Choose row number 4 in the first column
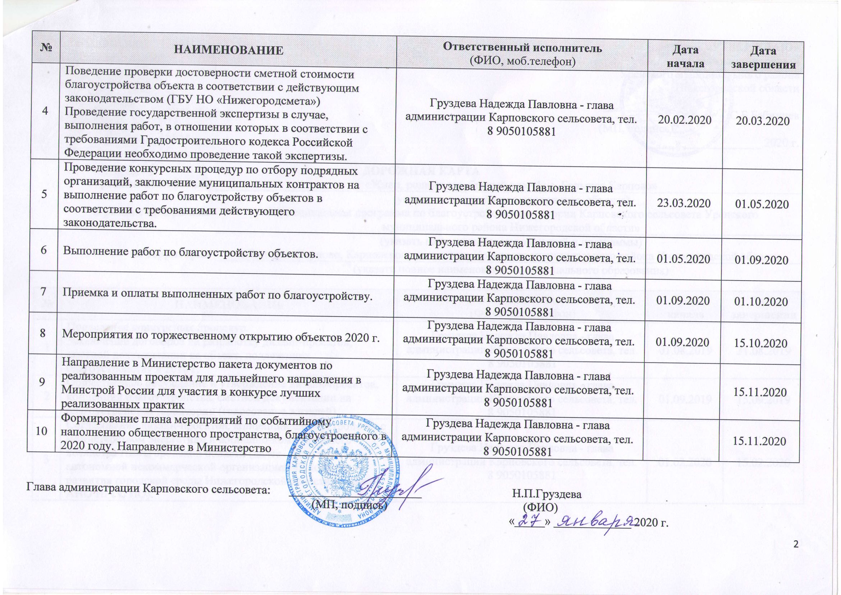[46, 111]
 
